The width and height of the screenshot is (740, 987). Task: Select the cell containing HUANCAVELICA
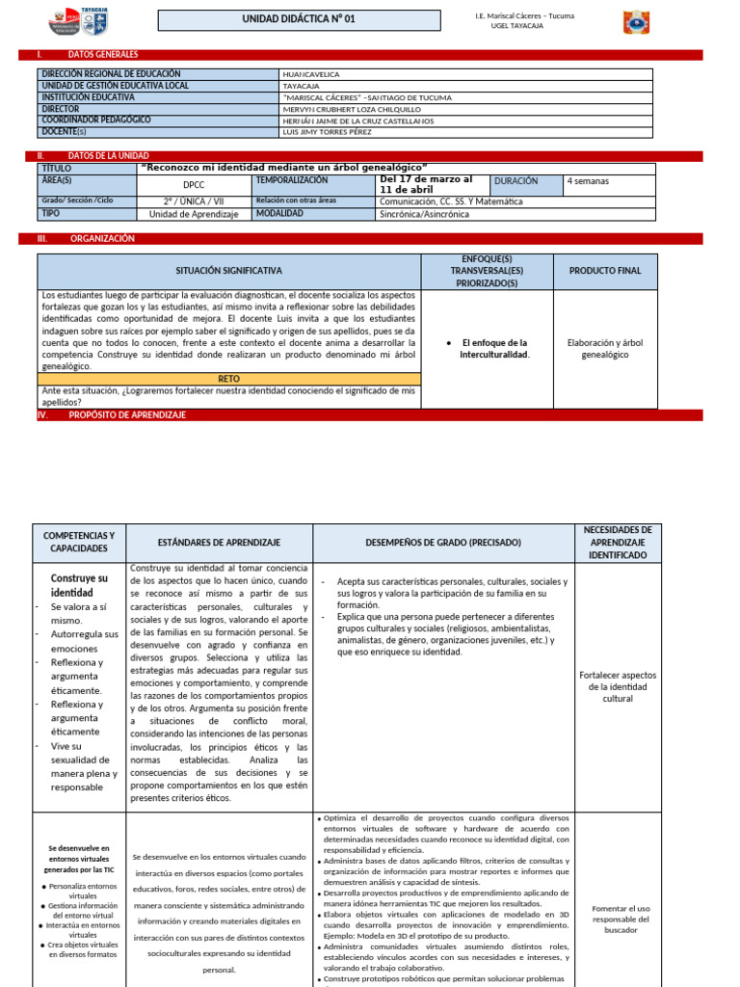[311, 73]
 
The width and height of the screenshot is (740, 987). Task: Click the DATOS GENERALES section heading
[103, 55]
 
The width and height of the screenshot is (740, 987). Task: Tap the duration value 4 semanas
[588, 181]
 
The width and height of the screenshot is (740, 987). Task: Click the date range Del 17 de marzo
[426, 179]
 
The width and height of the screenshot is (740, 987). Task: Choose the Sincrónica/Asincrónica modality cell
[425, 214]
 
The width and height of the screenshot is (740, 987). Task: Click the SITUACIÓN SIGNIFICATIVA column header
[229, 272]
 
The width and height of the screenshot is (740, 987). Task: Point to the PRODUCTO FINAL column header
[604, 272]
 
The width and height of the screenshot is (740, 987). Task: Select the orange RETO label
[229, 379]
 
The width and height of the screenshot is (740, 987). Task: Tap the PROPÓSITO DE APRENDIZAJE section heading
[127, 414]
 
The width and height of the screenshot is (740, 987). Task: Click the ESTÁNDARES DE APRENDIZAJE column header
[219, 543]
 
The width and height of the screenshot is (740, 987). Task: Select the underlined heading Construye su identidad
[79, 585]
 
